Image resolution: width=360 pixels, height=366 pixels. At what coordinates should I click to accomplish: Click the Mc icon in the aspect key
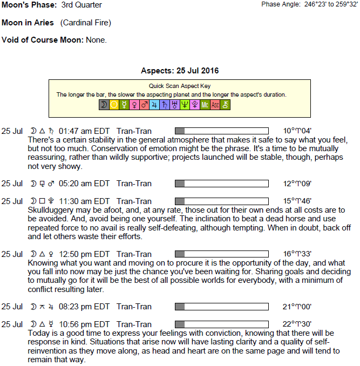click(205, 105)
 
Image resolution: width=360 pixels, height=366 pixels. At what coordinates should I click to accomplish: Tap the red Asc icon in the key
click(215, 105)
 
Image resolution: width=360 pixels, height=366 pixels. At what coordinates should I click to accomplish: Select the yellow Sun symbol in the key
click(114, 105)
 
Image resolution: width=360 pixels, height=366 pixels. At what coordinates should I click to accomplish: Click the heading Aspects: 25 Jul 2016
click(180, 71)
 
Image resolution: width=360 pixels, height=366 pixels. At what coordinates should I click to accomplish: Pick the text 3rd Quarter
click(82, 5)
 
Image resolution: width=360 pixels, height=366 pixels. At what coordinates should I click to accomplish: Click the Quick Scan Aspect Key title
click(180, 86)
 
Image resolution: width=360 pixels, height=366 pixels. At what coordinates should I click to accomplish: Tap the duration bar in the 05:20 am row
click(222, 184)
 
